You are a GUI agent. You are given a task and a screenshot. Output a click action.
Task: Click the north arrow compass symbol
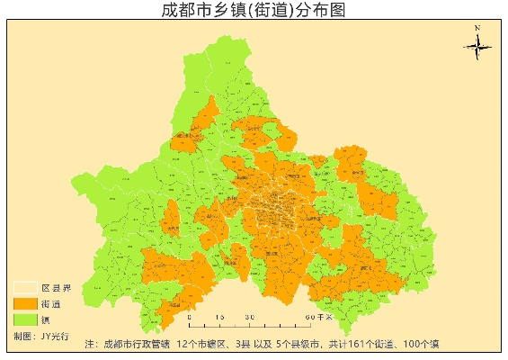477,46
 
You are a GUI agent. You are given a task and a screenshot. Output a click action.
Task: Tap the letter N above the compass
478,28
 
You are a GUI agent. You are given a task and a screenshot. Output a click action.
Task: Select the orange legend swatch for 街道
25,303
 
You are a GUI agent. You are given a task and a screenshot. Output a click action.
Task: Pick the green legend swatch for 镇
25,319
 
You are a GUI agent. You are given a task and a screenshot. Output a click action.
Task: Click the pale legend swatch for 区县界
25,288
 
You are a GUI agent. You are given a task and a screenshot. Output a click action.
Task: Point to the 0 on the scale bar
189,317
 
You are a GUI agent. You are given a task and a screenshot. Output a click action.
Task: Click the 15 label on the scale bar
219,317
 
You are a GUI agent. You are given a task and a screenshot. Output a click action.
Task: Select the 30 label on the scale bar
249,317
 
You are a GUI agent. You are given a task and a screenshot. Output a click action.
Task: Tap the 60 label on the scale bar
308,317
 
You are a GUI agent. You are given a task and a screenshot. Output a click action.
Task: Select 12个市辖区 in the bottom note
203,345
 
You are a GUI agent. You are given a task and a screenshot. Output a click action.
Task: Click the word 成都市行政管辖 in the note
137,345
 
